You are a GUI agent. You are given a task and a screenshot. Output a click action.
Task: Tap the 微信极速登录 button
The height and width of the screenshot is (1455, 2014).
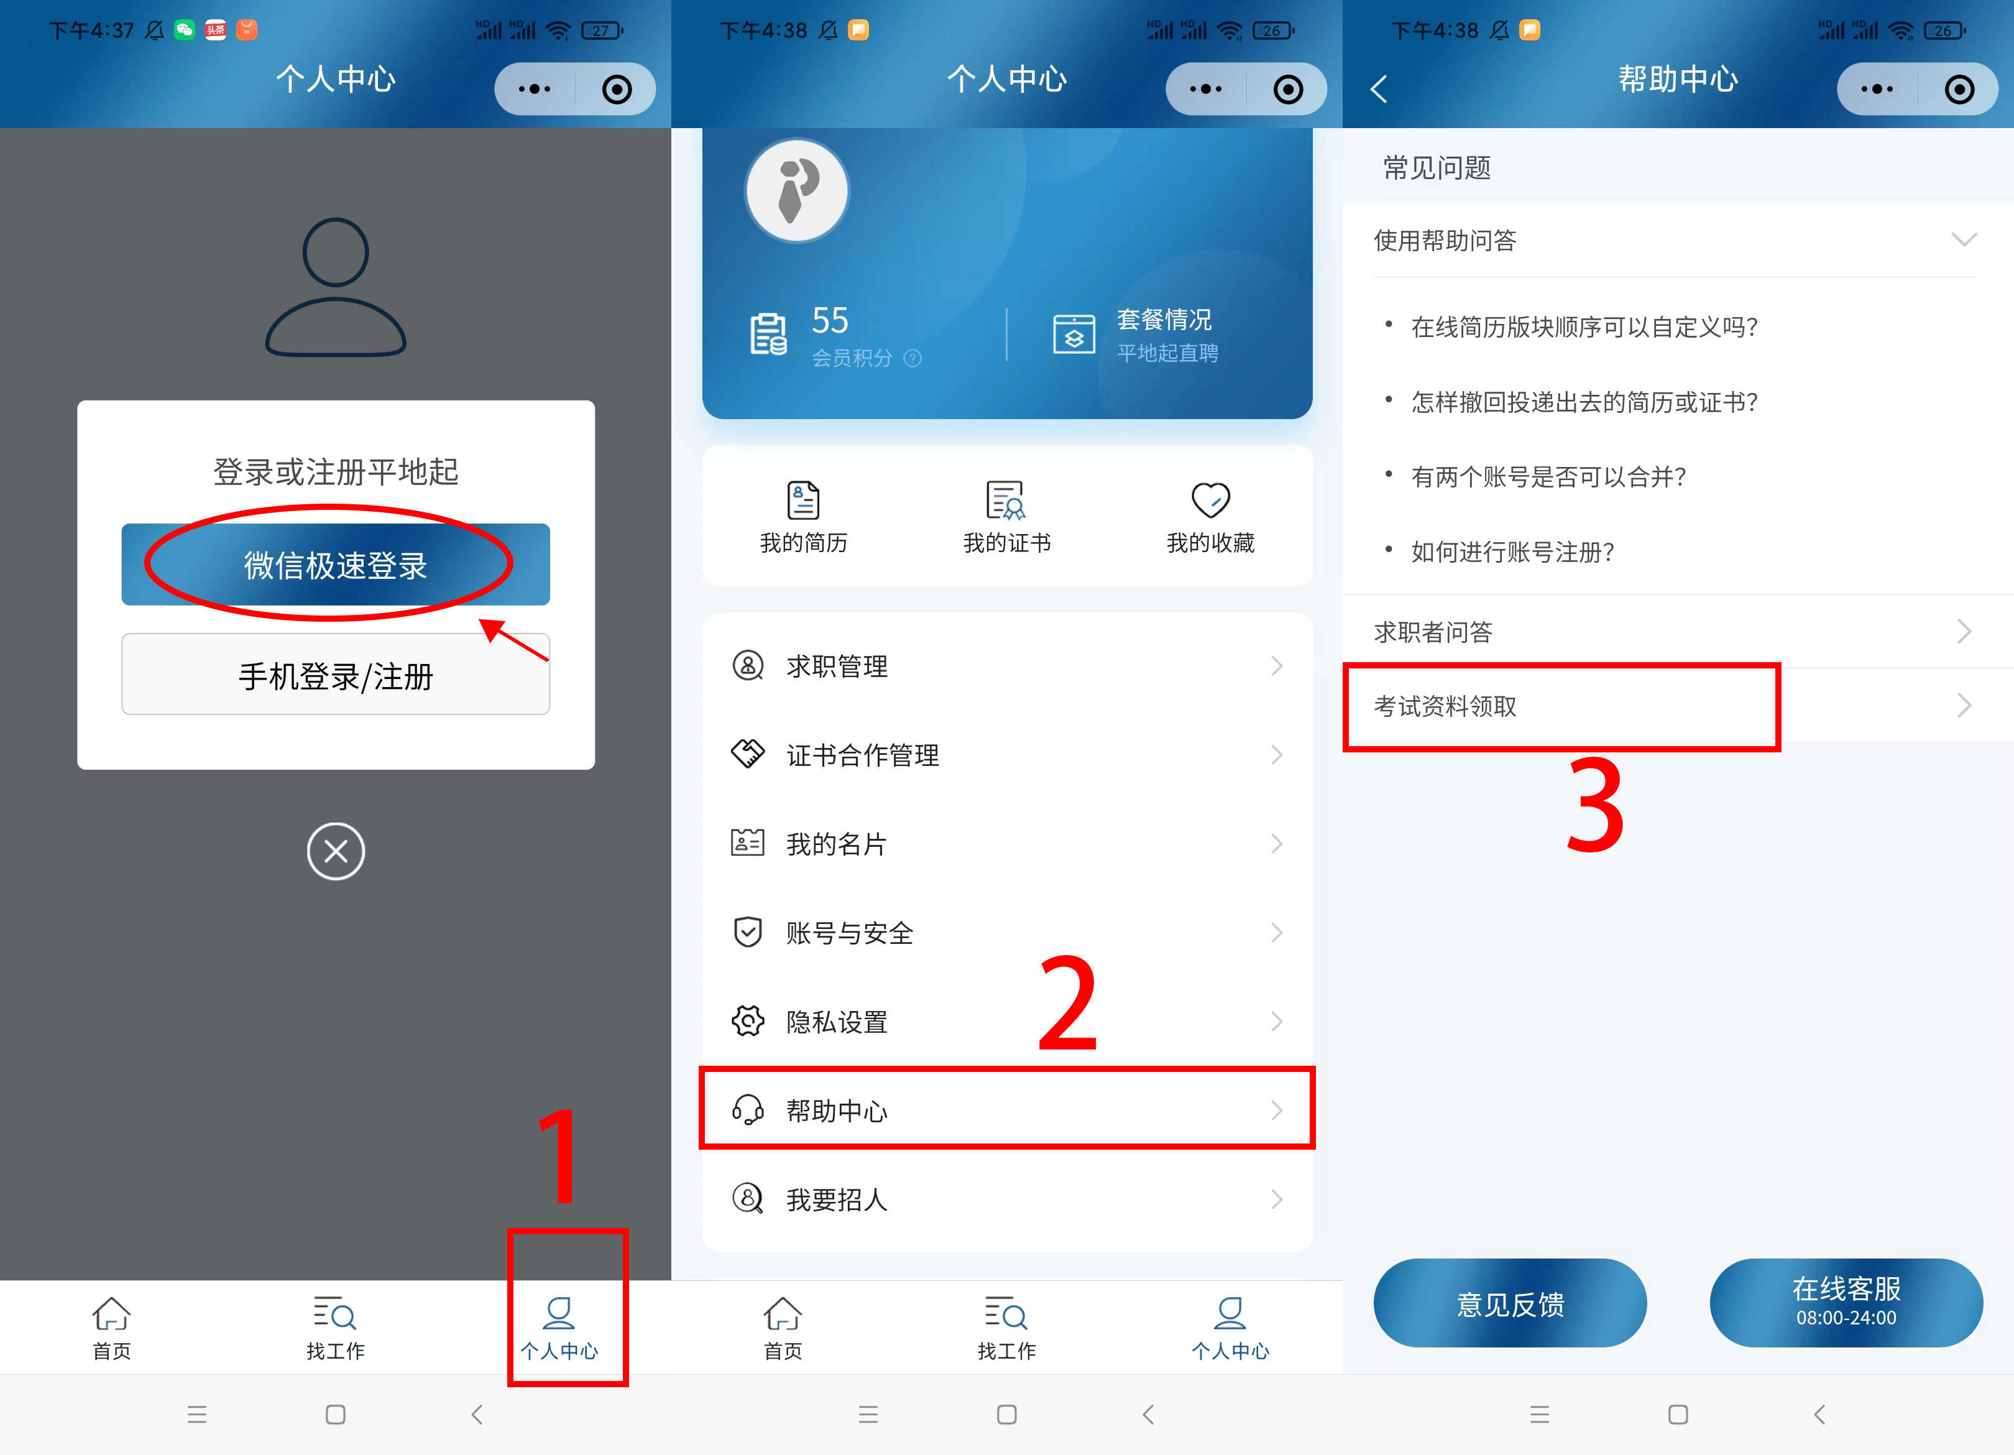[336, 565]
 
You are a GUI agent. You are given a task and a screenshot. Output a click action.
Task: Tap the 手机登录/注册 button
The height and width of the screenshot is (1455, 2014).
[336, 675]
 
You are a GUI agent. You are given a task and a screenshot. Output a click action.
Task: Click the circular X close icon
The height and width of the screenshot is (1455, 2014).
[336, 851]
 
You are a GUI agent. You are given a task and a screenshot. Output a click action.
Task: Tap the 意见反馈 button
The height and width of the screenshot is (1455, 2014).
[1510, 1303]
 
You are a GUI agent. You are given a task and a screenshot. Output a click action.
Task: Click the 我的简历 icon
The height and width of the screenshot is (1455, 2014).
[802, 500]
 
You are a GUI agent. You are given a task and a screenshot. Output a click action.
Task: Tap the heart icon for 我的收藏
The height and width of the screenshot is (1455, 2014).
[1210, 499]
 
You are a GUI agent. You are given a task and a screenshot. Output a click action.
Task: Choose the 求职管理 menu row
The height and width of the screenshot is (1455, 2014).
[1006, 665]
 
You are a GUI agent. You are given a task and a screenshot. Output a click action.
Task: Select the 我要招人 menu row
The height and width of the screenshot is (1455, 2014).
[1006, 1199]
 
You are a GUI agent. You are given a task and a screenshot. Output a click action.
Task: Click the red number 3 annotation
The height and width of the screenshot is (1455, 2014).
[1595, 805]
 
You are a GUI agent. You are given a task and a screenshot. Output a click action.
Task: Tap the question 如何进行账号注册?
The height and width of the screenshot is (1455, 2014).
[1512, 552]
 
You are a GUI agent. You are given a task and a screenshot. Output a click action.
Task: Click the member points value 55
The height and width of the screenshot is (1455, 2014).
[829, 321]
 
